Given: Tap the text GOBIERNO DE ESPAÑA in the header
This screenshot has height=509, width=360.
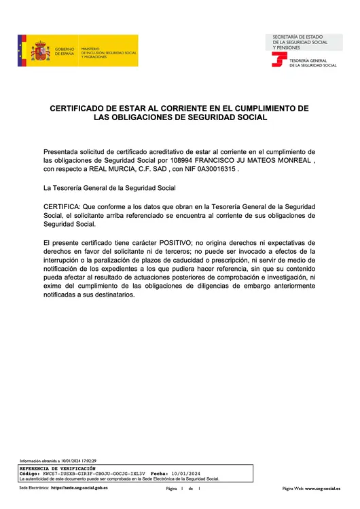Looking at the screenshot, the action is (65, 52).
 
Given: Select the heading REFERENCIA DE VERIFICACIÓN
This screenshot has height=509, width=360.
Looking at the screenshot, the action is (57, 468).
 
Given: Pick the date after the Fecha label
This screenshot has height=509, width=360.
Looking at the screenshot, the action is (185, 473).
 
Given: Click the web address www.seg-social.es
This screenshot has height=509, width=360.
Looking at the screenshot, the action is (323, 488).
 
